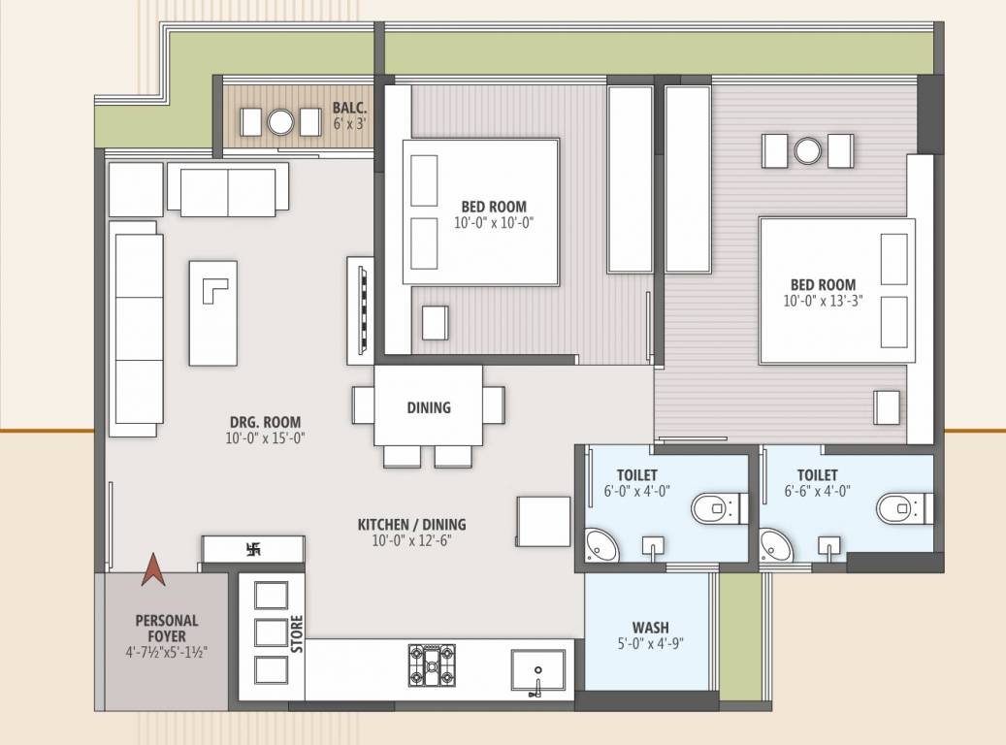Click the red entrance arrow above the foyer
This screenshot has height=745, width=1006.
pos(151,569)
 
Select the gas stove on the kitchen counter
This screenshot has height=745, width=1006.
pos(427,665)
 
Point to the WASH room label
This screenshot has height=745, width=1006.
pos(650,628)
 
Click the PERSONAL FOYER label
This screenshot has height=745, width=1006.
pos(166,628)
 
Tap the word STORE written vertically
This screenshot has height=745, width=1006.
pos(297,633)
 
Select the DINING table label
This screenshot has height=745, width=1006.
pos(428,407)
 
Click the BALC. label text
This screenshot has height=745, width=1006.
pos(348,108)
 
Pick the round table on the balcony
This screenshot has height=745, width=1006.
pos(280,122)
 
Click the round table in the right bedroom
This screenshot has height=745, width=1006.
pos(807,150)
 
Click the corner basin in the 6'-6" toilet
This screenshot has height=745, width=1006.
pos(774,546)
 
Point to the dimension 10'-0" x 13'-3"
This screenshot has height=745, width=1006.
pos(823,301)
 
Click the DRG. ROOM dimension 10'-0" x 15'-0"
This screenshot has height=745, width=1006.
pos(265,437)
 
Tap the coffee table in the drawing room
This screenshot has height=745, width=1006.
pos(213,311)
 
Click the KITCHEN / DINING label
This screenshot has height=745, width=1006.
pos(411,525)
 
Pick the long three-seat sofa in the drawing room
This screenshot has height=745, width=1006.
pos(136,328)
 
